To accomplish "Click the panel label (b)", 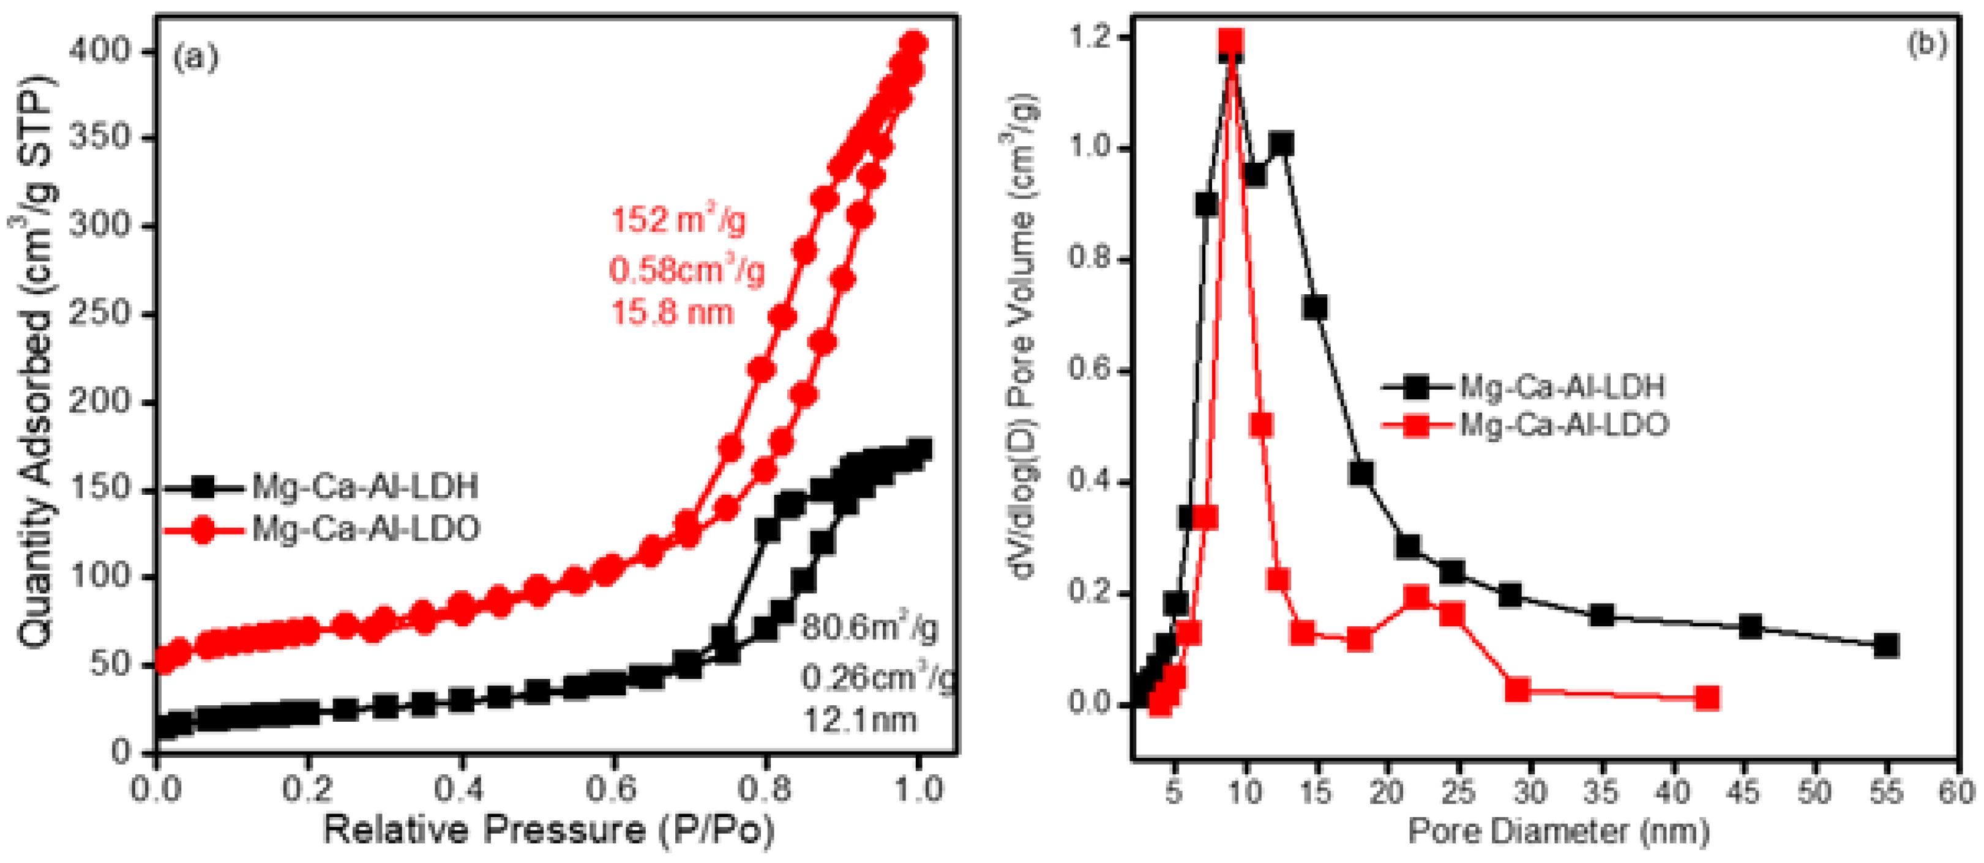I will [x=1926, y=45].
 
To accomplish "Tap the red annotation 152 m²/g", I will [x=678, y=221].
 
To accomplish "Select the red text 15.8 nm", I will [x=672, y=313].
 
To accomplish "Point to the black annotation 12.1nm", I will [x=859, y=720].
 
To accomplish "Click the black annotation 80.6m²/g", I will [x=869, y=628].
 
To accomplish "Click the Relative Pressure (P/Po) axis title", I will [x=548, y=831].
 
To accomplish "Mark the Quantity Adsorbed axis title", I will [x=35, y=362].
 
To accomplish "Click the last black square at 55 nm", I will [x=1885, y=645].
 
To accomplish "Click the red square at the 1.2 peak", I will [x=1230, y=42].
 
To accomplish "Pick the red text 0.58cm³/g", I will [x=687, y=271].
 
